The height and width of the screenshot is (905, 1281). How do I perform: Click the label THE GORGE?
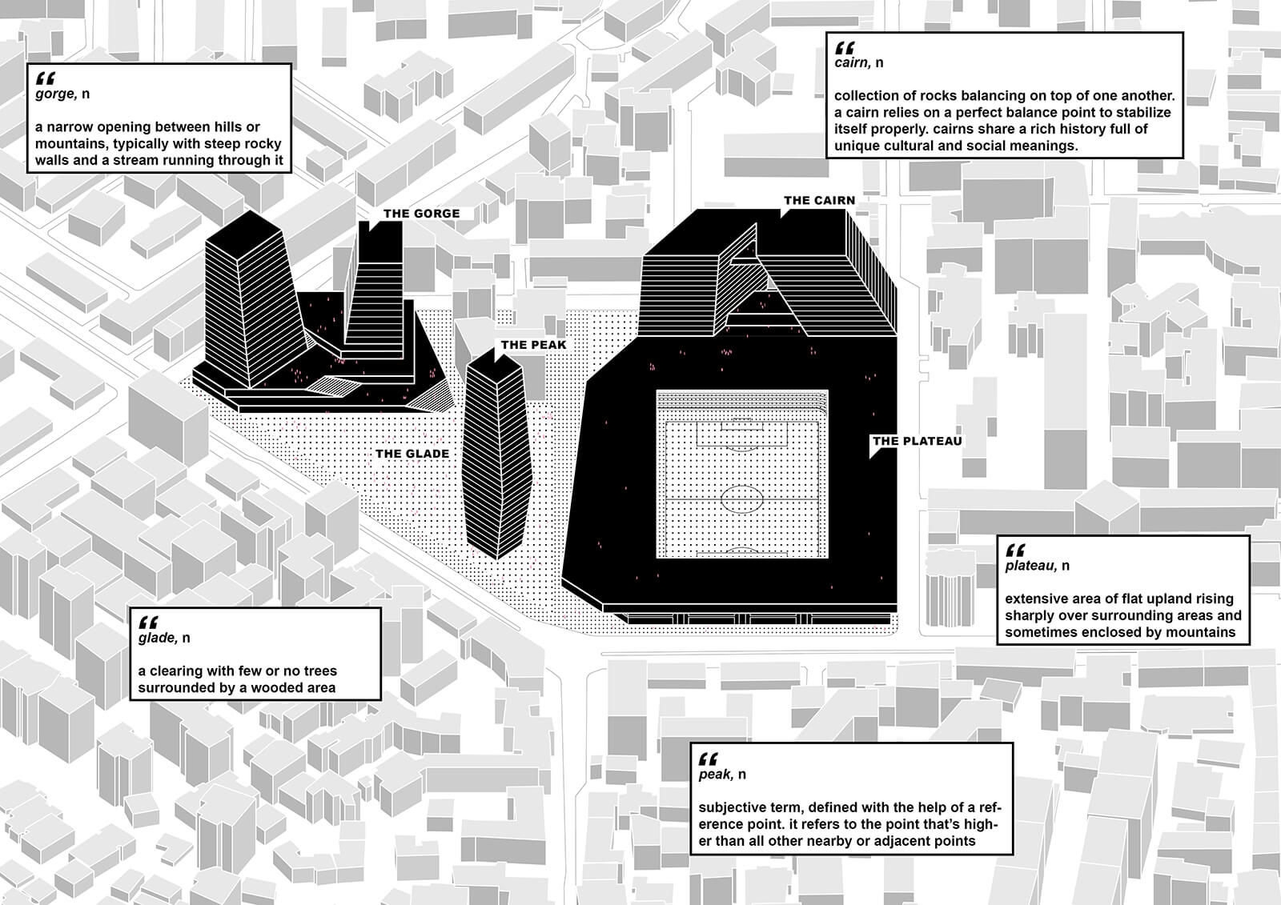click(x=421, y=214)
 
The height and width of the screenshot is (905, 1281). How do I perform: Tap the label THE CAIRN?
click(x=820, y=201)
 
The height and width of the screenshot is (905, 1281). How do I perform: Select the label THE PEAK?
click(x=533, y=345)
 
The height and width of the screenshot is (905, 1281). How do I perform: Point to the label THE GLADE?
click(x=412, y=454)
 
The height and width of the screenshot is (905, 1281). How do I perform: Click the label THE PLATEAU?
click(x=918, y=441)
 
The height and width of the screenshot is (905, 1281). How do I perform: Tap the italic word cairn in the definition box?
click(x=852, y=62)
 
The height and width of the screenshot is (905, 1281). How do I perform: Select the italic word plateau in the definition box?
click(x=1031, y=566)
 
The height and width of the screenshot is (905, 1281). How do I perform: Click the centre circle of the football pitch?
click(x=741, y=499)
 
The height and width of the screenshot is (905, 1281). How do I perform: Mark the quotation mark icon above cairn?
click(x=845, y=47)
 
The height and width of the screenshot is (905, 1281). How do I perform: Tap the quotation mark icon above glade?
click(x=148, y=623)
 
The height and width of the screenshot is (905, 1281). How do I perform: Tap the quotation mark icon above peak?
click(x=708, y=759)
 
